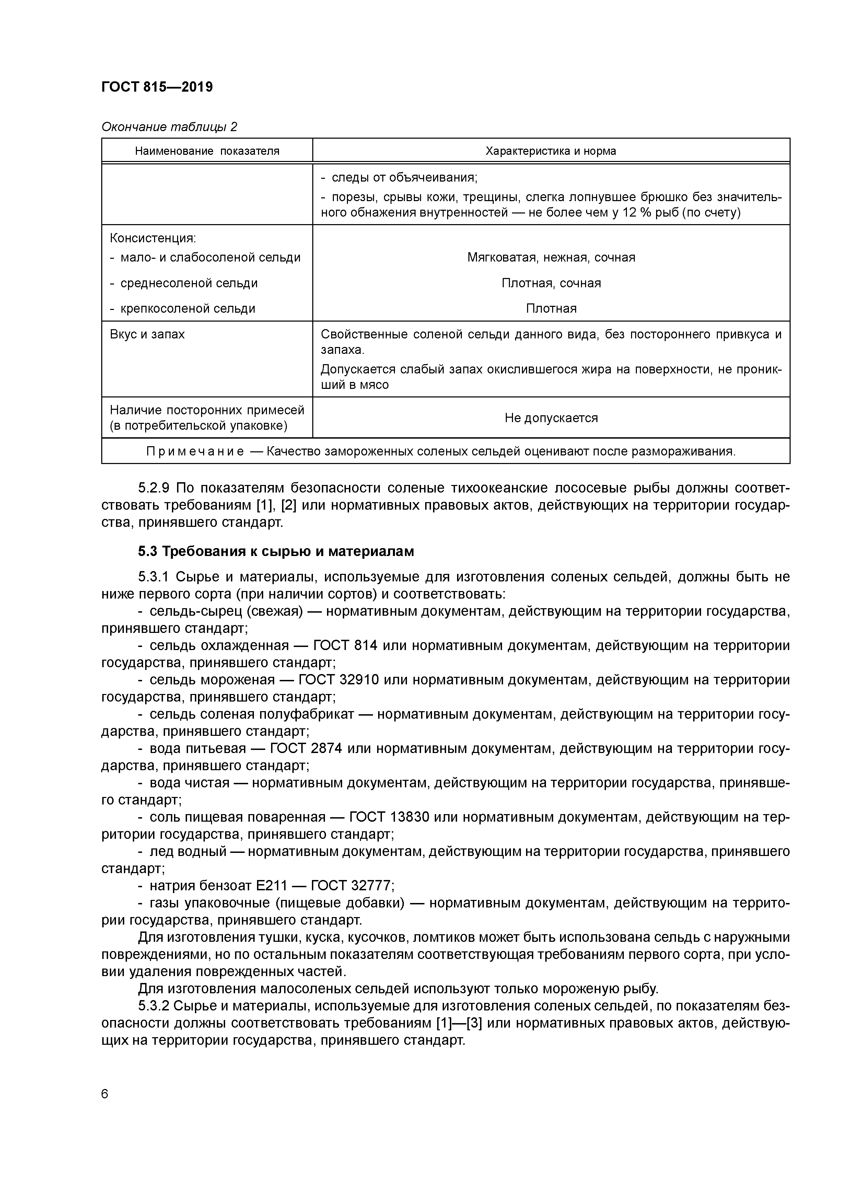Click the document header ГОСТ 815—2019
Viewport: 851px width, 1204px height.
click(x=157, y=87)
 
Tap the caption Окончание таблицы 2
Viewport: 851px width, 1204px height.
click(x=169, y=127)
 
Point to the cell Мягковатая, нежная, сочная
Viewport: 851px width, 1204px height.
click(x=551, y=257)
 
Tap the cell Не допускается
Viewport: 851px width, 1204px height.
click(x=551, y=418)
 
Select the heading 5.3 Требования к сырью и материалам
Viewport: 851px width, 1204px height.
click(x=276, y=552)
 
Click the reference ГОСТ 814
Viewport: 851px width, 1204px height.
click(x=345, y=646)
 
